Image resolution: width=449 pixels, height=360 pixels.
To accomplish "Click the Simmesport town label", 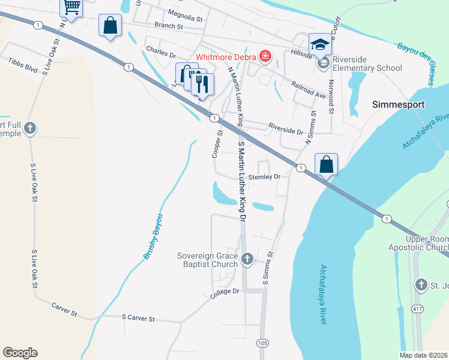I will click(399, 104).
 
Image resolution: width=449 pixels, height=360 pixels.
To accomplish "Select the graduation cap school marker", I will click(321, 44).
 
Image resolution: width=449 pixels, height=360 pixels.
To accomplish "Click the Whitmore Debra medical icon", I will click(265, 58).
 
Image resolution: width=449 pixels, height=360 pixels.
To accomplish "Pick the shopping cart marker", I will click(71, 8).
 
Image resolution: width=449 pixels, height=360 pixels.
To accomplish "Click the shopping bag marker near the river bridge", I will click(326, 164).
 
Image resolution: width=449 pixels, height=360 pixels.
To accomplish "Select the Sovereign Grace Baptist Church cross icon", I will click(247, 260).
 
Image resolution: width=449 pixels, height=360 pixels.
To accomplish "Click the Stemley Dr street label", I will click(265, 177).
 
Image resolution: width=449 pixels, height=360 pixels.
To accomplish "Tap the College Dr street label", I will click(224, 292).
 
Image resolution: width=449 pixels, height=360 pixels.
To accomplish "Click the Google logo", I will click(20, 353).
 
